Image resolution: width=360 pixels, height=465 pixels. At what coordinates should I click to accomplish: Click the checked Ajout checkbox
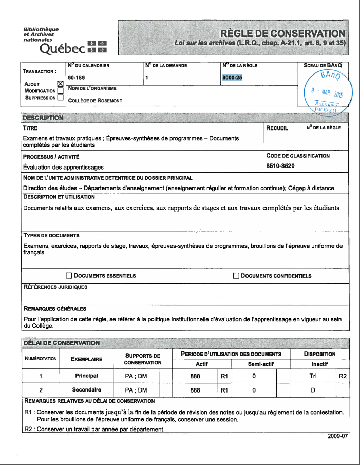[x=61, y=84]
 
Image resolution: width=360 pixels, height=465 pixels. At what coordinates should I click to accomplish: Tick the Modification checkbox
[x=61, y=90]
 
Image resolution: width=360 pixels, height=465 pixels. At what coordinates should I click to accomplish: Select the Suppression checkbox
[x=61, y=97]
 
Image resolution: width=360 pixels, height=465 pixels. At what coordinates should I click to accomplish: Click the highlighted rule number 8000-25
[x=232, y=78]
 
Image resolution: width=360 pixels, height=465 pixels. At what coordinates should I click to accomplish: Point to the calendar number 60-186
[x=77, y=78]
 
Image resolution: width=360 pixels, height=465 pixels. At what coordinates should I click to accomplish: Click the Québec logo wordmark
[x=62, y=49]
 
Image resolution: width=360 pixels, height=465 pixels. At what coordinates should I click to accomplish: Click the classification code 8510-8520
[x=280, y=166]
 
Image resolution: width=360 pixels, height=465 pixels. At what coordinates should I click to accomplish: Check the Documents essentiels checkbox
[x=69, y=276]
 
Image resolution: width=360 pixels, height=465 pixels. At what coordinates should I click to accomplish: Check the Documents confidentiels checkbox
[x=236, y=276]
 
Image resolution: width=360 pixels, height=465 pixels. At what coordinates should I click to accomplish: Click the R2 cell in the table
[x=343, y=376]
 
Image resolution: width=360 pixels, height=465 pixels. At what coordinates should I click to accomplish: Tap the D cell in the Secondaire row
[x=312, y=390]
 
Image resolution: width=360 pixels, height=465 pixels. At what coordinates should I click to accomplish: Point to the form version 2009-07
[x=337, y=436]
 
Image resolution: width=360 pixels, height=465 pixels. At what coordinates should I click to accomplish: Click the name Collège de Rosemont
[x=95, y=101]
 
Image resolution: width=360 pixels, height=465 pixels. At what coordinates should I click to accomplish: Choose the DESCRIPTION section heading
[x=43, y=117]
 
